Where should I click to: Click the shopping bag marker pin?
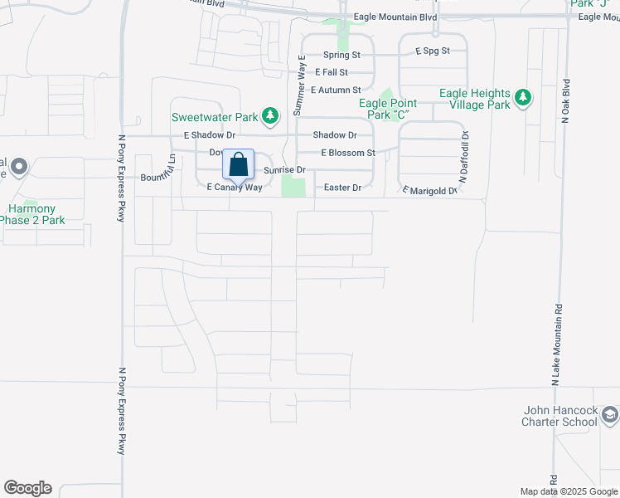(238, 165)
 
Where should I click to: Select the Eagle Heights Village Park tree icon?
(523, 99)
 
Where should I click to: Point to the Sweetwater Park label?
(214, 118)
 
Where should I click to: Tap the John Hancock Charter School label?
(559, 416)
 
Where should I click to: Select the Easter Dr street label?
(342, 188)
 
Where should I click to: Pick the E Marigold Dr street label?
(429, 191)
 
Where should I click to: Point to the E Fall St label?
(337, 72)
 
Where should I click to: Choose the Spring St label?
(341, 55)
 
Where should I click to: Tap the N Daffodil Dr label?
(464, 157)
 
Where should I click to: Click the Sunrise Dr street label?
(284, 170)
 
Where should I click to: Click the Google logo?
(27, 488)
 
